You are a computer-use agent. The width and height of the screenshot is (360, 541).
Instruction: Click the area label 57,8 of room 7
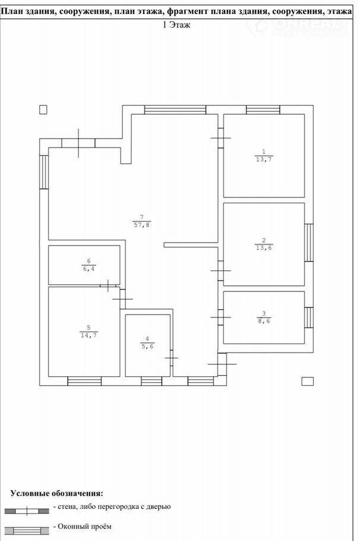142,225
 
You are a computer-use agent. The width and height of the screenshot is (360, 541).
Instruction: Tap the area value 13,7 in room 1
264,159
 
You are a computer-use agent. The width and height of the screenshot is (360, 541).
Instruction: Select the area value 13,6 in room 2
264,248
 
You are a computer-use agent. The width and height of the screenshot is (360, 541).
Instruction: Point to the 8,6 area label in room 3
264,321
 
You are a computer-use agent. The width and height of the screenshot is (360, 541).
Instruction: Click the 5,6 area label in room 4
147,347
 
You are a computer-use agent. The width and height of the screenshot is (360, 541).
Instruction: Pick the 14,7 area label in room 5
89,335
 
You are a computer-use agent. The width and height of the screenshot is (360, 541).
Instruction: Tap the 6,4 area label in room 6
89,269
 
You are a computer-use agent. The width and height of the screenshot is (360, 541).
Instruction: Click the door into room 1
220,138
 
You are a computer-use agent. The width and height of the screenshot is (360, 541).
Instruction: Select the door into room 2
220,271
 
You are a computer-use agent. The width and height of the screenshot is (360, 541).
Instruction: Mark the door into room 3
220,317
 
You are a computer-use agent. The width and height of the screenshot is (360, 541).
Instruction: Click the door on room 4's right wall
171,358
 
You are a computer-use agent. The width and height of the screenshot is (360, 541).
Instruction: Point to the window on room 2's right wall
309,243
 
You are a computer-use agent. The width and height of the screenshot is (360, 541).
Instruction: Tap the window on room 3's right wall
309,317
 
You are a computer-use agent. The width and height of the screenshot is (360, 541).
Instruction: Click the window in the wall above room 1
263,110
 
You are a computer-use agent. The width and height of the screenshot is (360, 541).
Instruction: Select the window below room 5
84,381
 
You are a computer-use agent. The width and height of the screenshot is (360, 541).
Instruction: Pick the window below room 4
151,381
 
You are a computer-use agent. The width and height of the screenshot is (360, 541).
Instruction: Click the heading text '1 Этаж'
176,25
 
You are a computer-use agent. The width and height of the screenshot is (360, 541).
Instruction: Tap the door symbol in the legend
27,511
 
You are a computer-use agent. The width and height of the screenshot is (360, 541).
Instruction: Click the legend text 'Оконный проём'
84,527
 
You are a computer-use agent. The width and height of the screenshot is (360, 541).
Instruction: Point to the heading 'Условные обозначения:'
56,493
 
